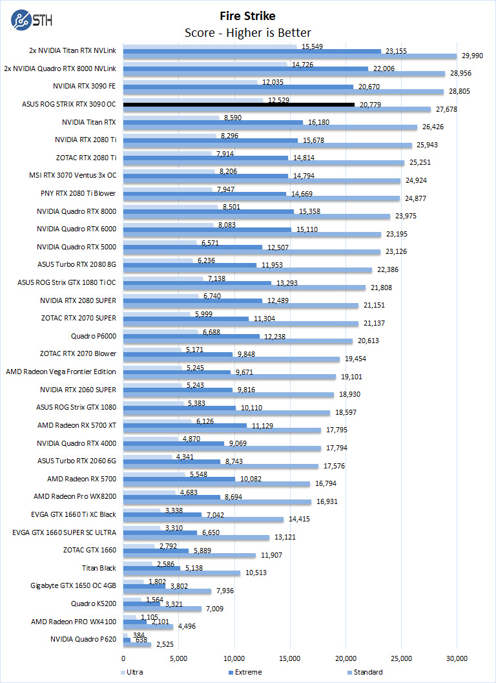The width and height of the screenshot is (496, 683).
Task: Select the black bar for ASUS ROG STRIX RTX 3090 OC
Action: [x=239, y=104]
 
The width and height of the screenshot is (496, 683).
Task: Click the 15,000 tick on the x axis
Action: [x=290, y=658]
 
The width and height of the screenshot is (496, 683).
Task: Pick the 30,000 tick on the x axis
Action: [x=457, y=658]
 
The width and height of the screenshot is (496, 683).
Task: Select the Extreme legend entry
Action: [x=245, y=672]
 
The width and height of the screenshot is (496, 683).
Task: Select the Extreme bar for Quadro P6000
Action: [x=191, y=336]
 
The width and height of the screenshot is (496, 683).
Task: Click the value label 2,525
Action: [x=167, y=644]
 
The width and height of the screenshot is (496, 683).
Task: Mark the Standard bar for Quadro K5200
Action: [x=162, y=609]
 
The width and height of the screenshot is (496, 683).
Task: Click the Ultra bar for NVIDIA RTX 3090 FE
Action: [x=190, y=82]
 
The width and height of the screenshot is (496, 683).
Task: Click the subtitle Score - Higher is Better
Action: [x=248, y=32]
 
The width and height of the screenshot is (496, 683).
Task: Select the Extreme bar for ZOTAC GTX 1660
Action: [x=156, y=551]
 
